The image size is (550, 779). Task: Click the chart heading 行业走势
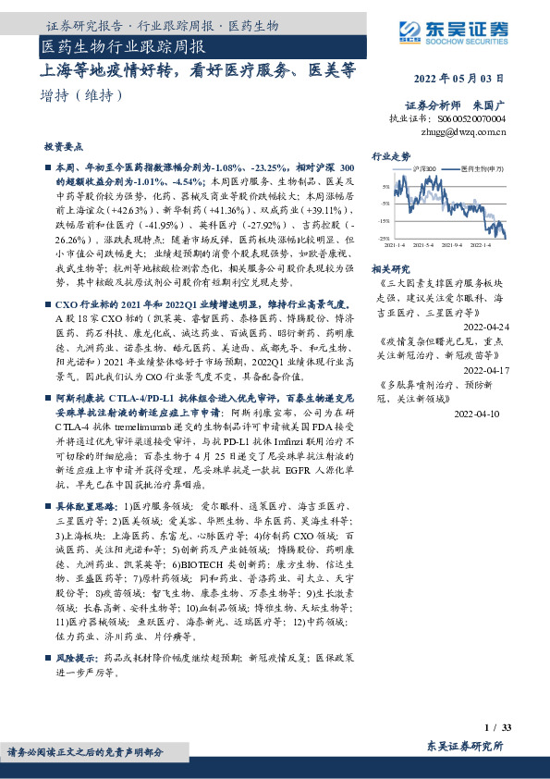pos(391,157)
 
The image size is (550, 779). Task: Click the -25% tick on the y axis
pos(384,238)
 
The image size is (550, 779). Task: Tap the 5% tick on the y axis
pos(385,187)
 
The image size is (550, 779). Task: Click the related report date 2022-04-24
pos(484,328)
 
